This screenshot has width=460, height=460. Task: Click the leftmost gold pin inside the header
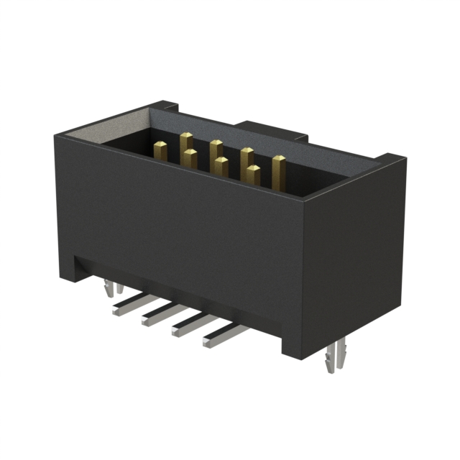pyautogui.click(x=160, y=150)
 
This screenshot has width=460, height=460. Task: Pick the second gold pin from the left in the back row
pyautogui.click(x=216, y=149)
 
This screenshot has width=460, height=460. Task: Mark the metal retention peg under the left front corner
pyautogui.click(x=108, y=289)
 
